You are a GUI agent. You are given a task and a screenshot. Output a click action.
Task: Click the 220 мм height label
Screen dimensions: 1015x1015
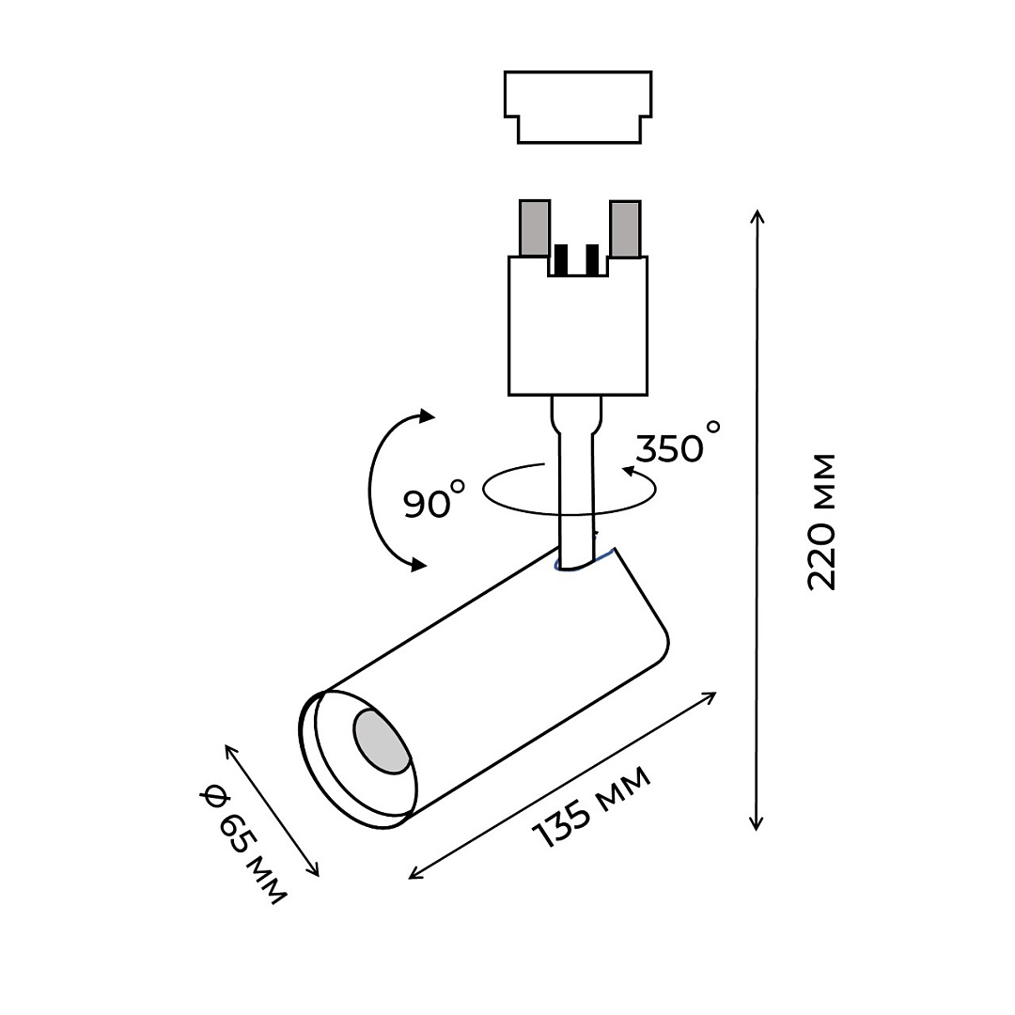point(821,522)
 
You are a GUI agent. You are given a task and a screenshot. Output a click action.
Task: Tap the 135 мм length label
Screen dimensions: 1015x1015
point(591,807)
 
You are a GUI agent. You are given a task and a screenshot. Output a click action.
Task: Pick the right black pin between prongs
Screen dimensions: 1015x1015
point(591,260)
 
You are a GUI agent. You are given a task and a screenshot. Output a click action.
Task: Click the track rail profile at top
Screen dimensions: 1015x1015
point(578,105)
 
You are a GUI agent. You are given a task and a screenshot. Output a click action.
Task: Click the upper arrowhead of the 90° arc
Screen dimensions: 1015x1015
point(428,416)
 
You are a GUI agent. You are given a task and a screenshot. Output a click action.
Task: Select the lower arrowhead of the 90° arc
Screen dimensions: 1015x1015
point(419,565)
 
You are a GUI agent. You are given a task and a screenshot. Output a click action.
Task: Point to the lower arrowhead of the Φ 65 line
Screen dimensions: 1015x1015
point(315,870)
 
